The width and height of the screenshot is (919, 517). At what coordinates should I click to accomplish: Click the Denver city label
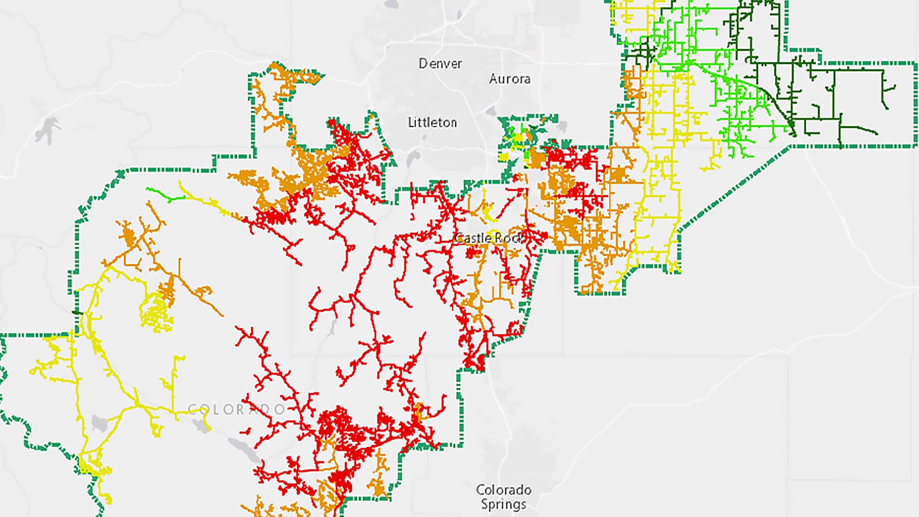click(440, 64)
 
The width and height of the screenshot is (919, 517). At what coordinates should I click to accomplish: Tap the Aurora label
click(509, 79)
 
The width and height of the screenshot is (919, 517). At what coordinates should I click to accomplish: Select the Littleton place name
click(432, 123)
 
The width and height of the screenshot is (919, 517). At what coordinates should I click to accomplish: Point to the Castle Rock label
click(490, 238)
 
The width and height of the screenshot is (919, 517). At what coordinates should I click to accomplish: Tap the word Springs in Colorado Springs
click(503, 504)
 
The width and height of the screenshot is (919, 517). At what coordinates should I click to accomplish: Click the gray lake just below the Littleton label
click(413, 158)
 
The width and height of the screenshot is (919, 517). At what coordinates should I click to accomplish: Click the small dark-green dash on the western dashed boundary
click(77, 312)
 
